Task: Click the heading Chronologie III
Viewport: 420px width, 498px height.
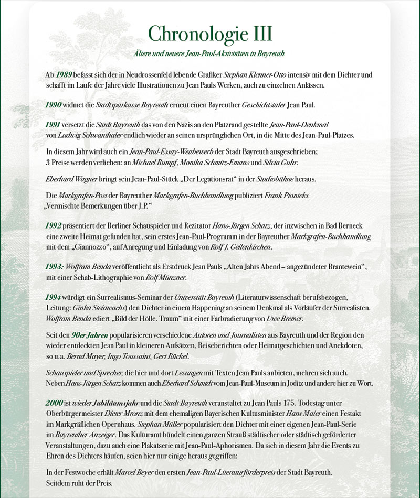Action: [x=210, y=33]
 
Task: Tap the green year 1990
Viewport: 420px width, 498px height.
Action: [x=54, y=105]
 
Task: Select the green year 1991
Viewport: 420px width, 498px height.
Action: [x=54, y=125]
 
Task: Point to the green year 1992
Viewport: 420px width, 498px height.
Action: [x=54, y=225]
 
